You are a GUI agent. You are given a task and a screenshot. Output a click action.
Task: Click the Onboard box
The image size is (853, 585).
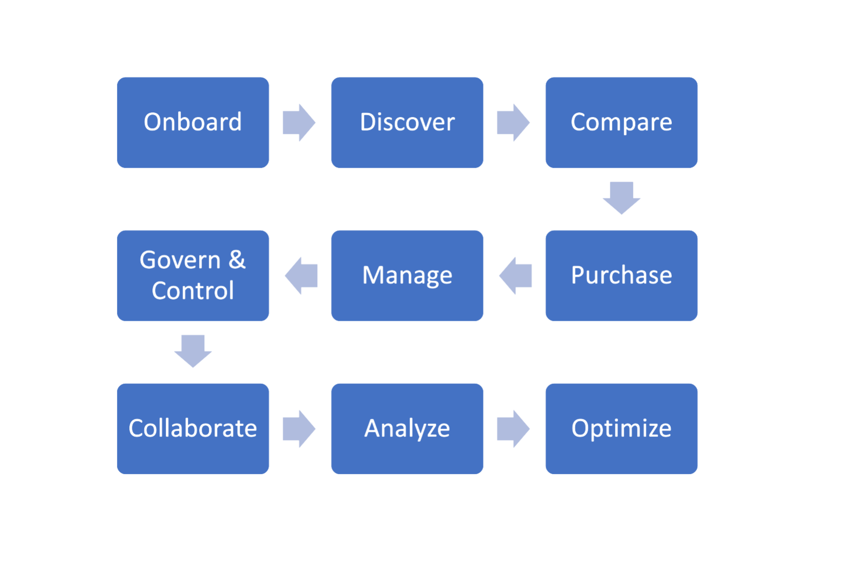pos(192,123)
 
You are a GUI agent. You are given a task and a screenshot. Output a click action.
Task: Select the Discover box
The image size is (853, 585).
pos(407,123)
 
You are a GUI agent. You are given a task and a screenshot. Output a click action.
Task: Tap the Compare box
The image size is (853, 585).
pos(621,123)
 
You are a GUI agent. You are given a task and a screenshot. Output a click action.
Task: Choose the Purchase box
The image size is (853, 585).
pos(621,276)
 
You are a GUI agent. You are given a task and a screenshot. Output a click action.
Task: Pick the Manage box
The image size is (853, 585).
pos(407,276)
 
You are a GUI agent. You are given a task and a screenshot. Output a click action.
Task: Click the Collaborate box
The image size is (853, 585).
pos(192,428)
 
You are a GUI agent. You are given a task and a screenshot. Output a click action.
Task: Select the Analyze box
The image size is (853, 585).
pos(407,428)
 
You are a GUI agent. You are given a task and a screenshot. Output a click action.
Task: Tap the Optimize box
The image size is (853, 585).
pos(621,428)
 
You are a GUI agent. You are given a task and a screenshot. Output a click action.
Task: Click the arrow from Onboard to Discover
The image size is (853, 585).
pos(299,123)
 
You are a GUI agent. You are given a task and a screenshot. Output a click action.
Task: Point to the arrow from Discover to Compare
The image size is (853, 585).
pos(513,123)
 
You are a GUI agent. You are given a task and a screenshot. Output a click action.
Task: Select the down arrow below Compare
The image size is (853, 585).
pos(621,198)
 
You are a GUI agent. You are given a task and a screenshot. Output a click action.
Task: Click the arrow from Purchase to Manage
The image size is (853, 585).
pos(515,276)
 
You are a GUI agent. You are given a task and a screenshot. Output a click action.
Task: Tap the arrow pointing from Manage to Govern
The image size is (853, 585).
pos(301,276)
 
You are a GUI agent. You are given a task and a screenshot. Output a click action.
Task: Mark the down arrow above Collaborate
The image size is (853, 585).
pos(193,351)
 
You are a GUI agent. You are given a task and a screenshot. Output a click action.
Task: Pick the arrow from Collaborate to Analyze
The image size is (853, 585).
pos(299,428)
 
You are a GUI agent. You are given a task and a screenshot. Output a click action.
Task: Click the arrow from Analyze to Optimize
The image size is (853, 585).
pos(513,428)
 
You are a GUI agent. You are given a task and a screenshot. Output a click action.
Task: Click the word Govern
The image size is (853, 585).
pos(180,260)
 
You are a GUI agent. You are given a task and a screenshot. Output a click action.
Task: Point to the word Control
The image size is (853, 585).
pos(192,291)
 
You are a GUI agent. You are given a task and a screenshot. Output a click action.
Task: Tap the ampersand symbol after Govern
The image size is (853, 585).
pos(237,260)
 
